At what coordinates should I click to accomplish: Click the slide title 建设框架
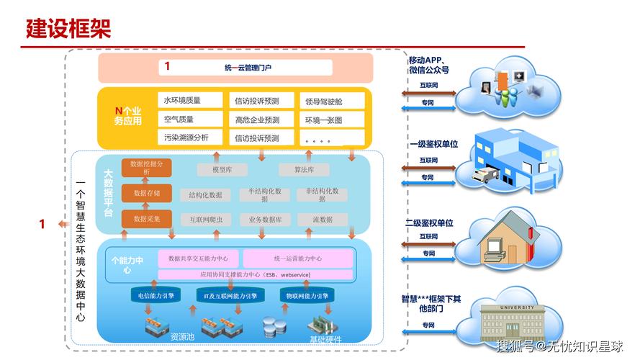pyautogui.click(x=68, y=29)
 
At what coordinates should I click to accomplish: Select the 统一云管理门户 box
pyautogui.click(x=245, y=68)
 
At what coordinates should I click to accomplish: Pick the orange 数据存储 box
pyautogui.click(x=146, y=193)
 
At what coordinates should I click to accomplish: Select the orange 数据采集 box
pyautogui.click(x=146, y=218)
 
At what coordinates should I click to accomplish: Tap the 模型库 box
pyautogui.click(x=222, y=170)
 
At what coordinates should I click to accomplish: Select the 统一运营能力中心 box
pyautogui.click(x=297, y=258)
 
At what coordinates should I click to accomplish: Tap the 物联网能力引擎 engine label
pyautogui.click(x=307, y=296)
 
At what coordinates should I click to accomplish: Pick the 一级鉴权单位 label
pyautogui.click(x=433, y=144)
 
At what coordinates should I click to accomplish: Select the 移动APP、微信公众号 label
pyautogui.click(x=429, y=65)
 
